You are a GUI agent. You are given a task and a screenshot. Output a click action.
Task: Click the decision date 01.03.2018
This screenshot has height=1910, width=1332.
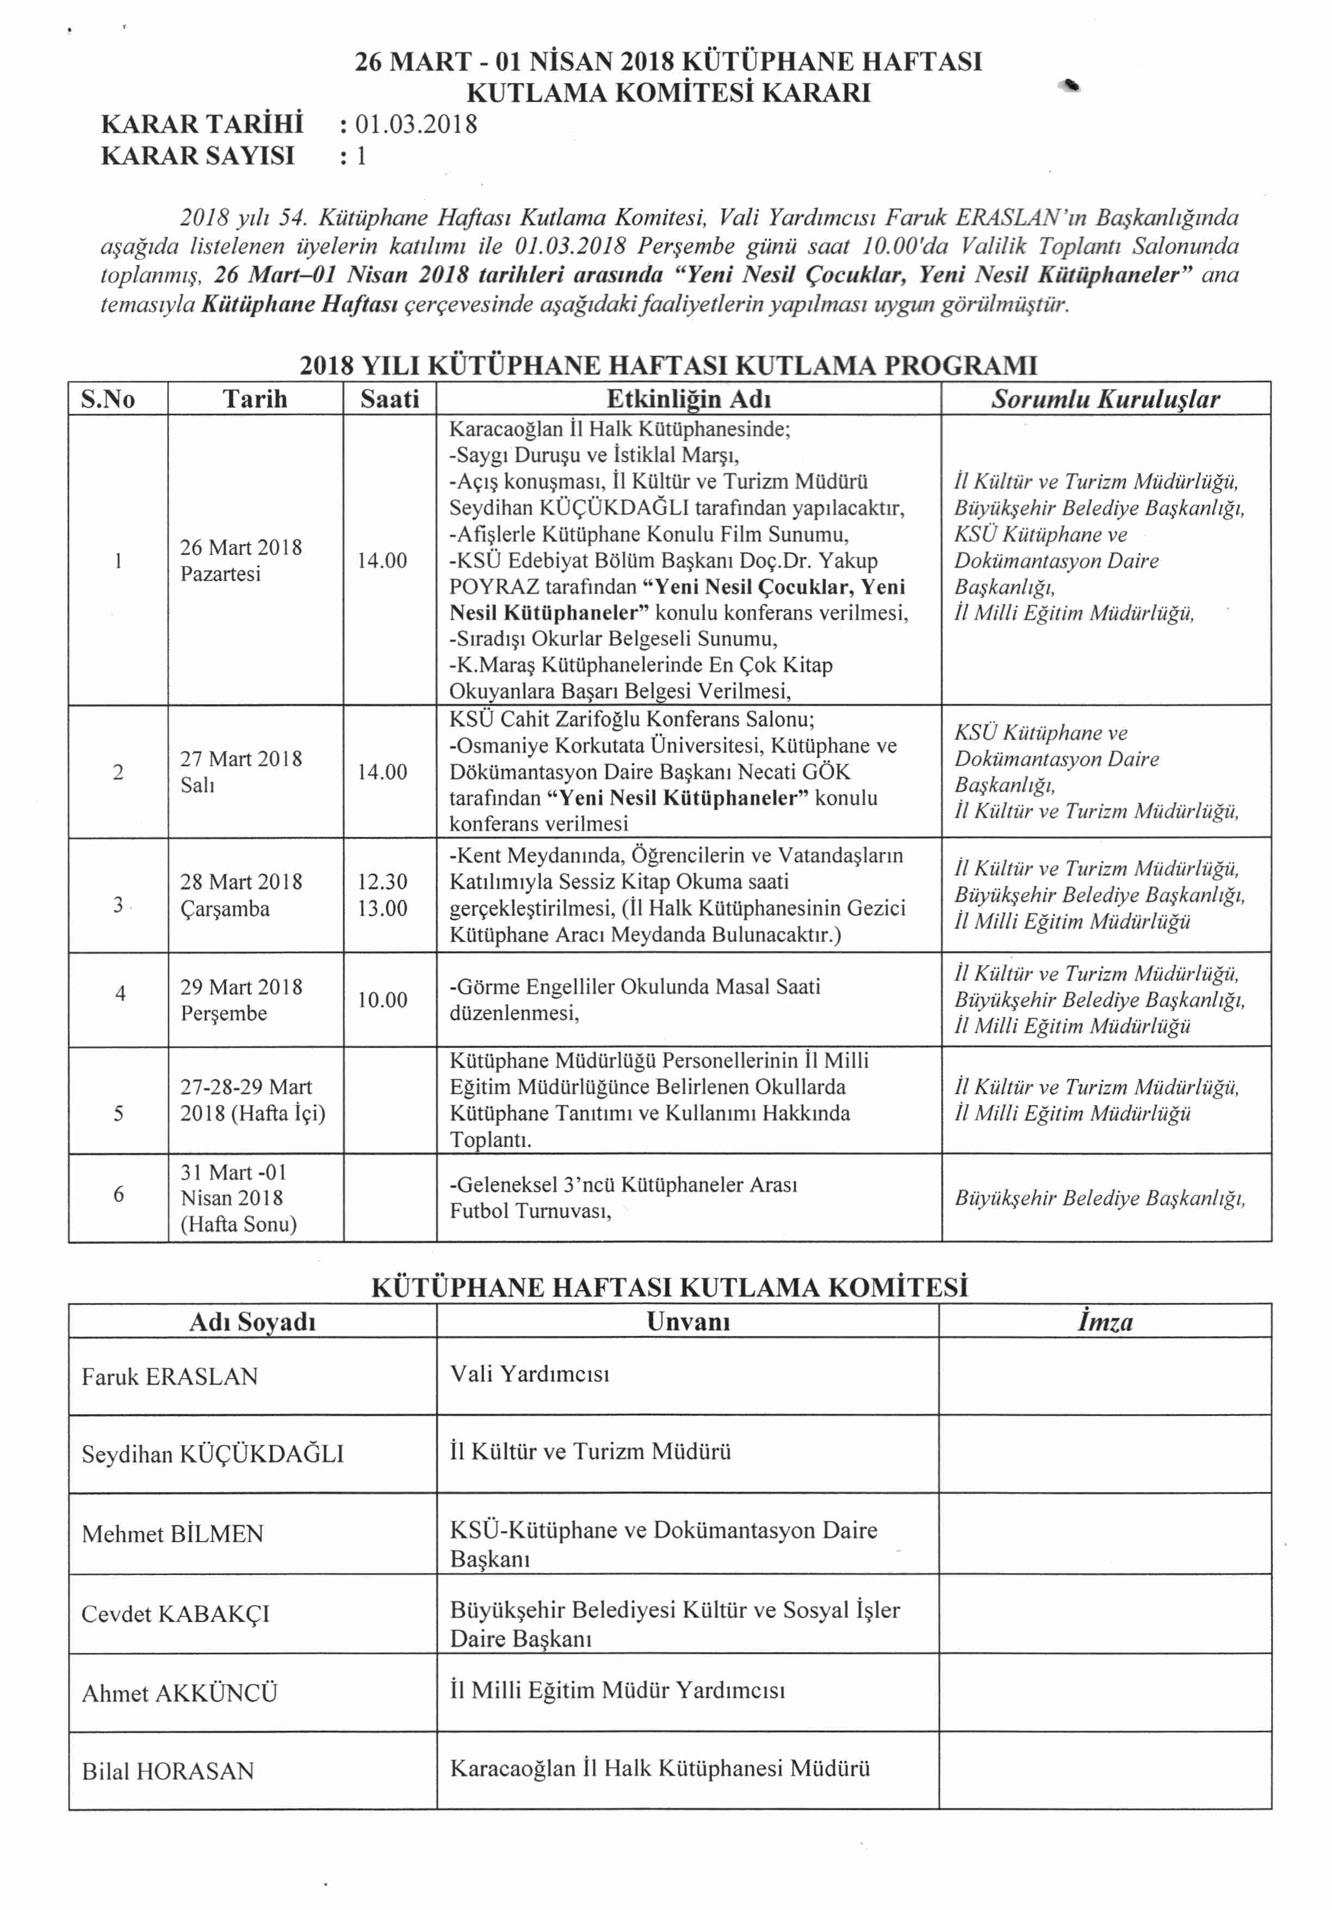(416, 125)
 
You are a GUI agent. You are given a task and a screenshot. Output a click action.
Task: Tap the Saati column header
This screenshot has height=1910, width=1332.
(389, 399)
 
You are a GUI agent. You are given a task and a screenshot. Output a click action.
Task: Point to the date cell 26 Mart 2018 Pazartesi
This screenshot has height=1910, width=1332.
(241, 560)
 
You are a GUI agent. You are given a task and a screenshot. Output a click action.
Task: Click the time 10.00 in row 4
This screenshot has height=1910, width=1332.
(383, 999)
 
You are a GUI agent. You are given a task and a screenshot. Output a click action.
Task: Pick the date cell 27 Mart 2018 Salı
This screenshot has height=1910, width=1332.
(241, 771)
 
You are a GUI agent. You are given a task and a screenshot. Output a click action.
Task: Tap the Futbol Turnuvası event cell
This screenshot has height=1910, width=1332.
(624, 1197)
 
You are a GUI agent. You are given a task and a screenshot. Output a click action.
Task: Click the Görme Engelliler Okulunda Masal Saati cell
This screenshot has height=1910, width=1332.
(635, 999)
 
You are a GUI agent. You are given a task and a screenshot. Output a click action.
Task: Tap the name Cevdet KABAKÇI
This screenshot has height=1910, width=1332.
(176, 1614)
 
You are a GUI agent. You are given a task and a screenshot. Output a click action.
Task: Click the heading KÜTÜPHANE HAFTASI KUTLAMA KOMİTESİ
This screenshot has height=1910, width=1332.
(670, 1288)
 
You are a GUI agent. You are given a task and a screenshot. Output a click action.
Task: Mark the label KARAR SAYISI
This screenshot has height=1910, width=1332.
(198, 155)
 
